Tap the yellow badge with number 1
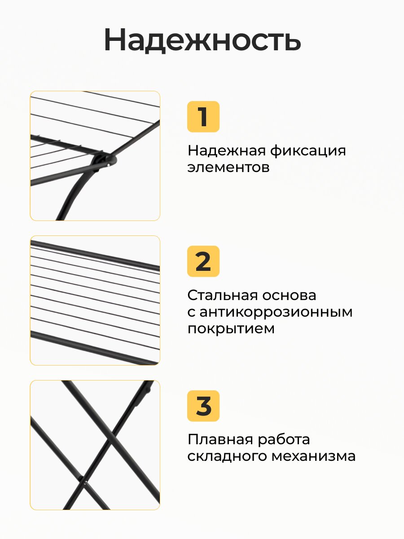tap(203, 116)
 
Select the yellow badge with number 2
tap(203, 261)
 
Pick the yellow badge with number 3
tap(203, 406)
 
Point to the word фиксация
tap(307, 151)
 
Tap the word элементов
tap(228, 168)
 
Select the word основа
tap(289, 296)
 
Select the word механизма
tap(314, 457)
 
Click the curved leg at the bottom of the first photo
tap(74, 194)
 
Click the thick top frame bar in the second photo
tap(95, 256)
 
